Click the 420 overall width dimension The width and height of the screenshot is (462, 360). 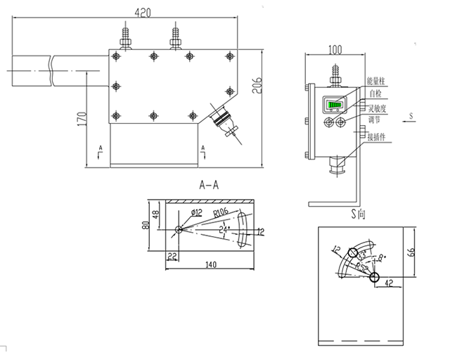143,12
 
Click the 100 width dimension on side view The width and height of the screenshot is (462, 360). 335,49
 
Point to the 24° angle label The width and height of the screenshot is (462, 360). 224,229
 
